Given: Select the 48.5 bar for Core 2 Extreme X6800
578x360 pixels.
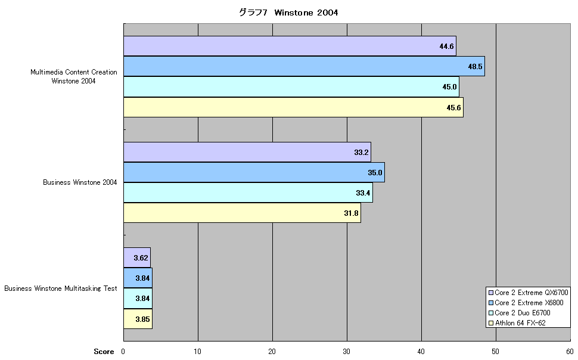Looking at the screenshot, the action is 304,66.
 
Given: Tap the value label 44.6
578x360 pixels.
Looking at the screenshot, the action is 446,46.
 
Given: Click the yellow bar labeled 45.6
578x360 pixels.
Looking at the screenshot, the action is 293,107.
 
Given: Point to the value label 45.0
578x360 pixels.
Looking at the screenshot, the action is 449,87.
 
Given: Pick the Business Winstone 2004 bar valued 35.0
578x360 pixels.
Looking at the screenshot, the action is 254,172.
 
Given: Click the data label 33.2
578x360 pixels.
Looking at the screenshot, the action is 361,153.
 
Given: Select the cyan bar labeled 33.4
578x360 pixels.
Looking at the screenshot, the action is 248,193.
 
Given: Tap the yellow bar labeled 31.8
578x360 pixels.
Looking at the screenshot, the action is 242,213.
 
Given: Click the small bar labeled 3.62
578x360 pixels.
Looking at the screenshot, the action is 137,257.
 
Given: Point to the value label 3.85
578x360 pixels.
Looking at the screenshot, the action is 142,319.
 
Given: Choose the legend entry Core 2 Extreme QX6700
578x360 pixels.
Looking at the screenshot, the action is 528,293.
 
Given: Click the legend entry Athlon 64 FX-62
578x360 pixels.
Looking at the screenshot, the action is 517,323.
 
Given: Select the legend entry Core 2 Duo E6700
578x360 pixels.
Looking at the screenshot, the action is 520,313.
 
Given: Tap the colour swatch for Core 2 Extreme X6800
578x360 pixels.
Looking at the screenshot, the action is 490,303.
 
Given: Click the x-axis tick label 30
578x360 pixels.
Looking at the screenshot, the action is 347,352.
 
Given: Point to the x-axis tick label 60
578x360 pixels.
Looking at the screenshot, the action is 570,352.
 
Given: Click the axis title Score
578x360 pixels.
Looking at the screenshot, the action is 104,352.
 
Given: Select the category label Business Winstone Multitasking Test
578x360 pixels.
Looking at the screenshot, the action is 60,288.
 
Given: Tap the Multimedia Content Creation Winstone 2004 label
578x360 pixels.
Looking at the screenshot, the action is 74,76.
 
